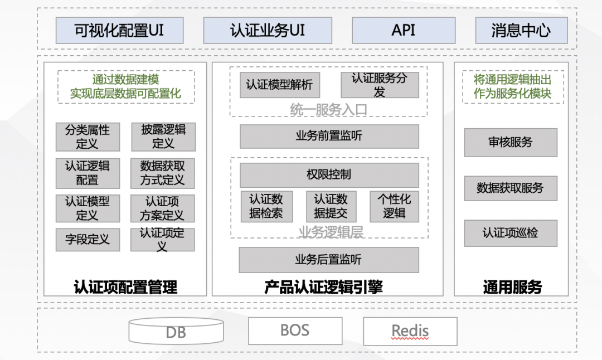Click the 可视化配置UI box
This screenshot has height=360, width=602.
tap(119, 30)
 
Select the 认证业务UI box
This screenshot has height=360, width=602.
tap(268, 30)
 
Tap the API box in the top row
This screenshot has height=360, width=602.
tap(404, 30)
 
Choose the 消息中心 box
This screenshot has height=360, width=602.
tap(521, 30)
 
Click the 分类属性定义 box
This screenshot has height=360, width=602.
tap(88, 137)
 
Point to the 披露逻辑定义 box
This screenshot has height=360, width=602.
tap(163, 137)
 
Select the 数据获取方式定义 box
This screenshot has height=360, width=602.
tap(163, 173)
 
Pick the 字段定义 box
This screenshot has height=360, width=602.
tap(88, 240)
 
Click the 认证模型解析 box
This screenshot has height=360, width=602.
tap(280, 85)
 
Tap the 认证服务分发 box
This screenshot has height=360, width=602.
tap(380, 85)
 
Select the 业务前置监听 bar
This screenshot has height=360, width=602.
tap(329, 136)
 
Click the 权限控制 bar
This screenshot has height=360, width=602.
tap(329, 175)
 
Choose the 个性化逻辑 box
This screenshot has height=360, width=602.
tap(394, 206)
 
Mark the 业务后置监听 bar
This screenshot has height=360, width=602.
tap(329, 259)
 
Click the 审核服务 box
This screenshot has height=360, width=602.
tap(511, 142)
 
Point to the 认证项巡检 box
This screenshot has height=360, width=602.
tap(511, 233)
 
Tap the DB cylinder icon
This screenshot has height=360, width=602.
tap(176, 332)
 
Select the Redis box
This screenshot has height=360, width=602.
tap(410, 331)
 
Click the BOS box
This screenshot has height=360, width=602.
tap(295, 330)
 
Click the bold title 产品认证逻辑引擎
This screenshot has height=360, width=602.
tap(323, 287)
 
